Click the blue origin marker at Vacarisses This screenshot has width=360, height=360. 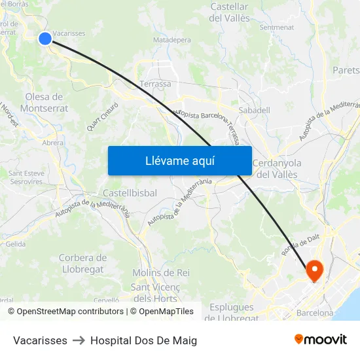(x=45, y=39)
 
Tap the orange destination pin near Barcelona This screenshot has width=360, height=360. (x=314, y=269)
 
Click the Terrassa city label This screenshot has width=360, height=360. (x=155, y=84)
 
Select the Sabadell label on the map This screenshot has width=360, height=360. (x=254, y=110)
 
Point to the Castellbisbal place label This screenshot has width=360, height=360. (x=130, y=193)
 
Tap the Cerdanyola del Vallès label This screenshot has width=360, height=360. (x=276, y=169)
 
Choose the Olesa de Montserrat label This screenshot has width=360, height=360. (x=45, y=103)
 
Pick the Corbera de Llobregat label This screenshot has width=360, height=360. (x=82, y=264)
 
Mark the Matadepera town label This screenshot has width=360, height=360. (x=171, y=40)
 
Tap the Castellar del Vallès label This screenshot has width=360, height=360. (x=229, y=12)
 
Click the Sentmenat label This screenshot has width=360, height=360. (x=277, y=27)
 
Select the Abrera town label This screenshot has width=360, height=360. (x=53, y=143)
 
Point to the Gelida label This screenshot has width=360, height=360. (x=16, y=244)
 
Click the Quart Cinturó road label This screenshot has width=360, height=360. (x=103, y=117)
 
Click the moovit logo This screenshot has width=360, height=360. (x=320, y=340)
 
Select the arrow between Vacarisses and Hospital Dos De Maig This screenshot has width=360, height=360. (x=79, y=340)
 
